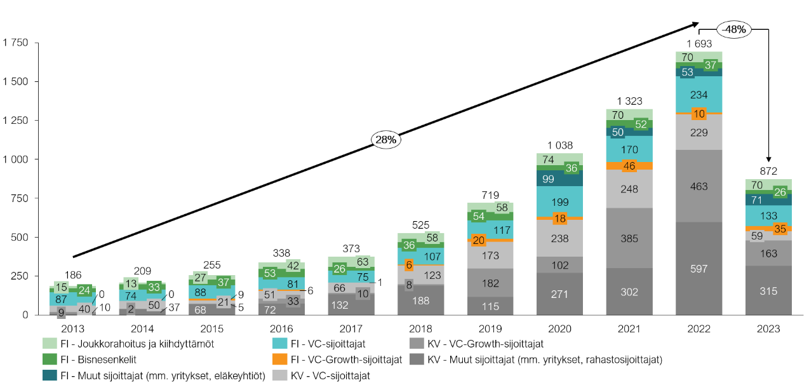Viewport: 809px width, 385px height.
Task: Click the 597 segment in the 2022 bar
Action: click(x=699, y=268)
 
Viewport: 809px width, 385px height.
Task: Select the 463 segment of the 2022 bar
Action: click(x=699, y=186)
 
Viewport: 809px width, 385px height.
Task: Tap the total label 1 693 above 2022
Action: click(x=699, y=44)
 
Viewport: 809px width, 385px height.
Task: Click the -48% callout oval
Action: click(x=734, y=29)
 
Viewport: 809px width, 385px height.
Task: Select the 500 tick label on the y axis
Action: click(x=20, y=237)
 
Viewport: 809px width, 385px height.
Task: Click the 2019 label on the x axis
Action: click(x=490, y=329)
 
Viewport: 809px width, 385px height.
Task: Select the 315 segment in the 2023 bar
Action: click(x=768, y=290)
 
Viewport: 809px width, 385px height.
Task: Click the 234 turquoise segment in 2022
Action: click(x=699, y=95)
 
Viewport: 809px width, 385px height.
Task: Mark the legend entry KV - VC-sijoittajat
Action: click(x=330, y=375)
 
